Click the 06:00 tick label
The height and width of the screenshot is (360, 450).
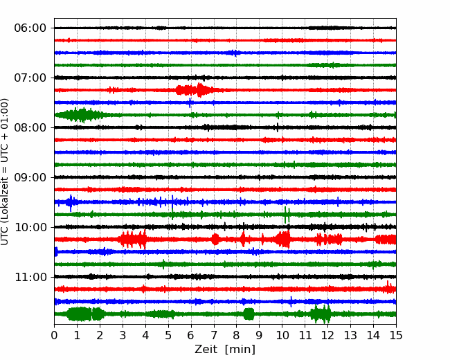[x=30, y=28]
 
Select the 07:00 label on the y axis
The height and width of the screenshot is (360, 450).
[x=30, y=78]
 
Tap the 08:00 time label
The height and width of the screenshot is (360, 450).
[x=30, y=128]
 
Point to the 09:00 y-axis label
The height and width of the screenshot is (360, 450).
[x=30, y=177]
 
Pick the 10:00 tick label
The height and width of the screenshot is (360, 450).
[x=30, y=227]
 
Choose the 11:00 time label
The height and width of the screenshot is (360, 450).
[x=30, y=278]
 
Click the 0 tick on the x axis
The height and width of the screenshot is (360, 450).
[x=54, y=335]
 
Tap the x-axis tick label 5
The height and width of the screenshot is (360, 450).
[x=168, y=335]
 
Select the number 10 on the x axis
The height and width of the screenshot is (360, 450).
[x=282, y=335]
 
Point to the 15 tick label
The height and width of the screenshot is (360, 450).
[x=396, y=335]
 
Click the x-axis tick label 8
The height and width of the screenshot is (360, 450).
[x=237, y=335]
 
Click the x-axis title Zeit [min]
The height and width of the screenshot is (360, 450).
[x=225, y=350]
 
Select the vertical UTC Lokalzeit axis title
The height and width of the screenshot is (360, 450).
[x=5, y=172]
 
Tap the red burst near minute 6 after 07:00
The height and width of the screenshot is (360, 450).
[x=195, y=90]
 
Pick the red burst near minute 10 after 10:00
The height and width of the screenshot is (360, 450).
[x=282, y=239]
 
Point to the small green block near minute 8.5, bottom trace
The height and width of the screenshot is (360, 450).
[x=249, y=314]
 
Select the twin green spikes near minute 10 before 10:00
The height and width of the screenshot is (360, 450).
[x=287, y=215]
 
